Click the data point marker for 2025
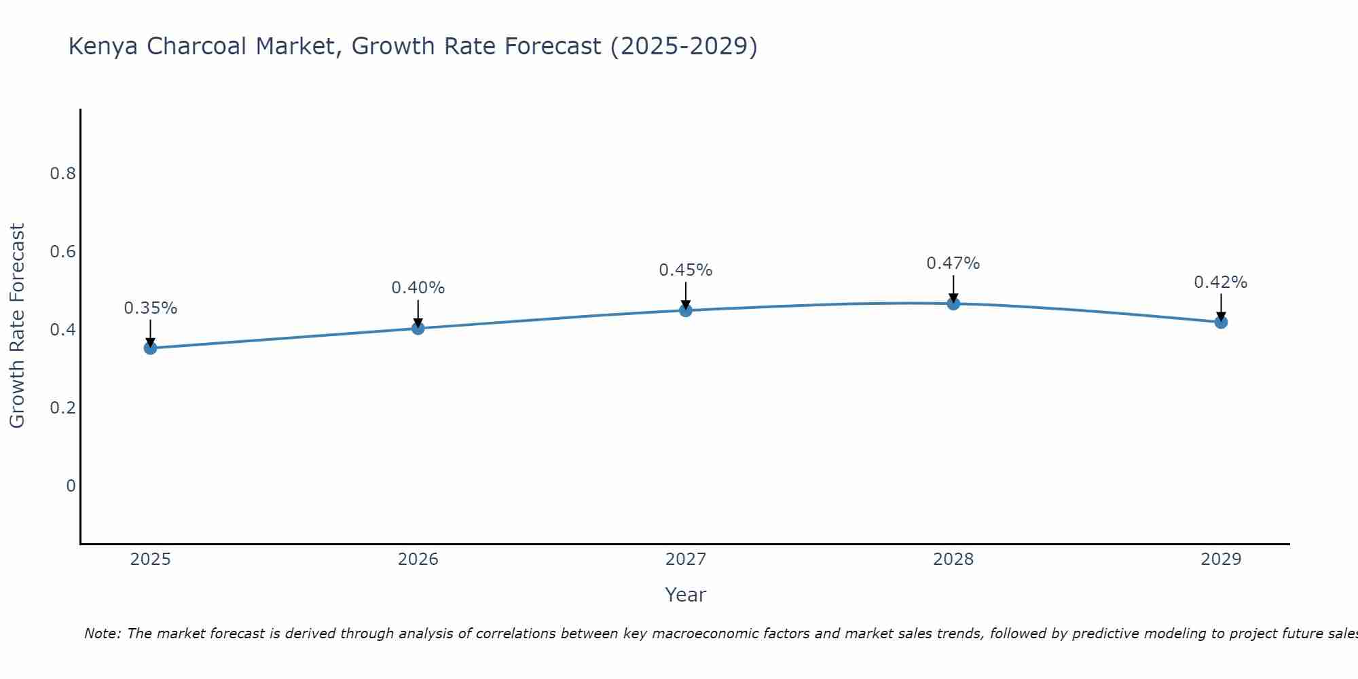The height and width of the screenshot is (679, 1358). tap(150, 348)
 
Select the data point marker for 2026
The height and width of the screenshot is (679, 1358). tap(418, 329)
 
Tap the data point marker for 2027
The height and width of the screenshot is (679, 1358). tap(686, 311)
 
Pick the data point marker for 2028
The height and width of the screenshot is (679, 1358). tap(953, 304)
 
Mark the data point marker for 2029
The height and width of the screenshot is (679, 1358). tap(1221, 322)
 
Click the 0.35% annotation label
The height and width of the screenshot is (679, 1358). tap(150, 308)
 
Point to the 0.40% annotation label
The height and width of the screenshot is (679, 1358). tap(418, 288)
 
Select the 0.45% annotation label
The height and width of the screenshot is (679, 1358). tap(686, 270)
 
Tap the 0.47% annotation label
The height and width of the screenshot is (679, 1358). tap(953, 263)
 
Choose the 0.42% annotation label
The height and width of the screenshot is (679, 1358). tap(1221, 282)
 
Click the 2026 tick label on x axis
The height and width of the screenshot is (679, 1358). tap(418, 559)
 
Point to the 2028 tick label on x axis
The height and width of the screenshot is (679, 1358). tap(953, 559)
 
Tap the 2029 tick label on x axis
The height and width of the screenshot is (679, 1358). tap(1221, 559)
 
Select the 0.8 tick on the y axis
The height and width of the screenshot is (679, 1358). tap(62, 174)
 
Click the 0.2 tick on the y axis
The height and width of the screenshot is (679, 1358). tap(62, 408)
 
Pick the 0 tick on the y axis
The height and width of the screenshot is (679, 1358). tap(71, 486)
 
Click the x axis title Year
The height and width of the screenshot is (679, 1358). tap(686, 595)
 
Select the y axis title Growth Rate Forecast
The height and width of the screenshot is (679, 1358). tap(17, 326)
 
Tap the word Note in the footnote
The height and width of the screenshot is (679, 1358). tap(101, 634)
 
